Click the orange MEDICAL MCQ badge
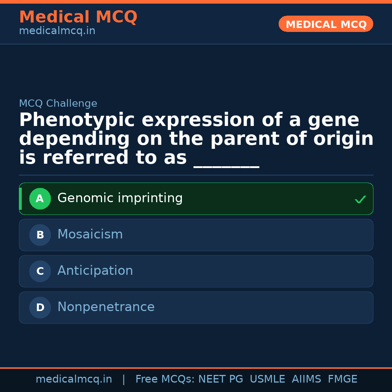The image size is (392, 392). (326, 24)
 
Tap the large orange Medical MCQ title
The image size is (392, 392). (78, 17)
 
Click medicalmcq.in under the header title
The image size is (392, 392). (57, 31)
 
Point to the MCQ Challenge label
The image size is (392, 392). (58, 103)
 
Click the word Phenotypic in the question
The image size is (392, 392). (77, 121)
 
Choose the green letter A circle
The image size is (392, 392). (40, 199)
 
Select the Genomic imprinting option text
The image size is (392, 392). (120, 198)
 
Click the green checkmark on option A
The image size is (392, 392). (360, 199)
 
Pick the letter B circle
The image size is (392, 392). (40, 235)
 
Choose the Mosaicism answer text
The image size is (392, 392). (90, 234)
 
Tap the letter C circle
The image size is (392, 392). (40, 271)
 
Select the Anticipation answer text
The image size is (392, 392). (95, 271)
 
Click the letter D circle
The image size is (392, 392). (40, 307)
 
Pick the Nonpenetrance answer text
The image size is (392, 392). (106, 307)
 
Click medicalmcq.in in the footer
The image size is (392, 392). (74, 379)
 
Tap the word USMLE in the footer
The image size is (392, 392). (267, 379)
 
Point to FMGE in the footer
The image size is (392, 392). (342, 379)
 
